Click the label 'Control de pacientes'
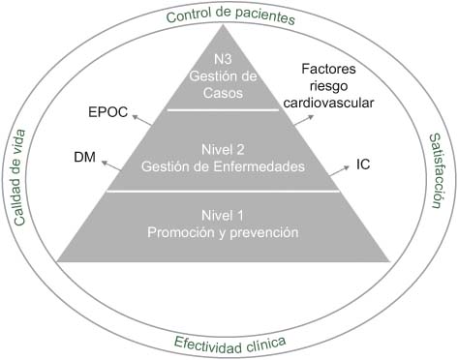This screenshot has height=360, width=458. point(229,15)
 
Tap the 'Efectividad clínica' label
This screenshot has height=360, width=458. point(229,342)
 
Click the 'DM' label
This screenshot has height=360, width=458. point(85,155)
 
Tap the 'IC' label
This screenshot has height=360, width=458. point(363,165)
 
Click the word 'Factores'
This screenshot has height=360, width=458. point(329,70)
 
